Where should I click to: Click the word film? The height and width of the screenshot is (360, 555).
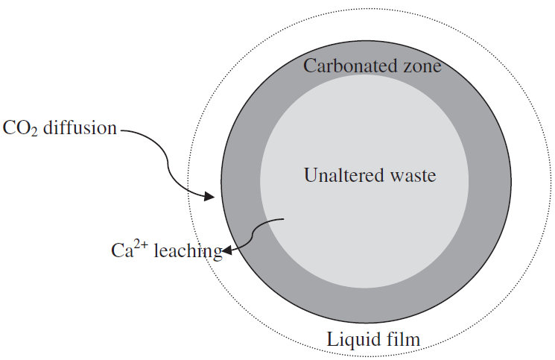click(x=402, y=339)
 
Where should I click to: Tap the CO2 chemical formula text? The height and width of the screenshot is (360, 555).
click(x=20, y=128)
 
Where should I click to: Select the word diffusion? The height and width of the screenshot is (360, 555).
click(x=80, y=127)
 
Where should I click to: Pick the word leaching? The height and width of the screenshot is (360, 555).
click(x=188, y=251)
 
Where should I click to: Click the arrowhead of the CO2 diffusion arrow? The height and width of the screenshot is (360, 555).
click(x=210, y=196)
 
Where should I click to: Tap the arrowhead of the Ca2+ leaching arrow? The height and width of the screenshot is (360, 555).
click(x=226, y=250)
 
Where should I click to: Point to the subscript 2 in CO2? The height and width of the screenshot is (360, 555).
click(x=34, y=133)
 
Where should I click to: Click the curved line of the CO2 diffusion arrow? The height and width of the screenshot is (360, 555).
click(x=168, y=162)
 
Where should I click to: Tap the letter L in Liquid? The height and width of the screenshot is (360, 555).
click(x=332, y=339)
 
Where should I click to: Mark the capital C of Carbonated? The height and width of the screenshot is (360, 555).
click(x=309, y=66)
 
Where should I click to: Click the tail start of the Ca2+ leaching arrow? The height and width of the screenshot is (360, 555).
click(x=284, y=219)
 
